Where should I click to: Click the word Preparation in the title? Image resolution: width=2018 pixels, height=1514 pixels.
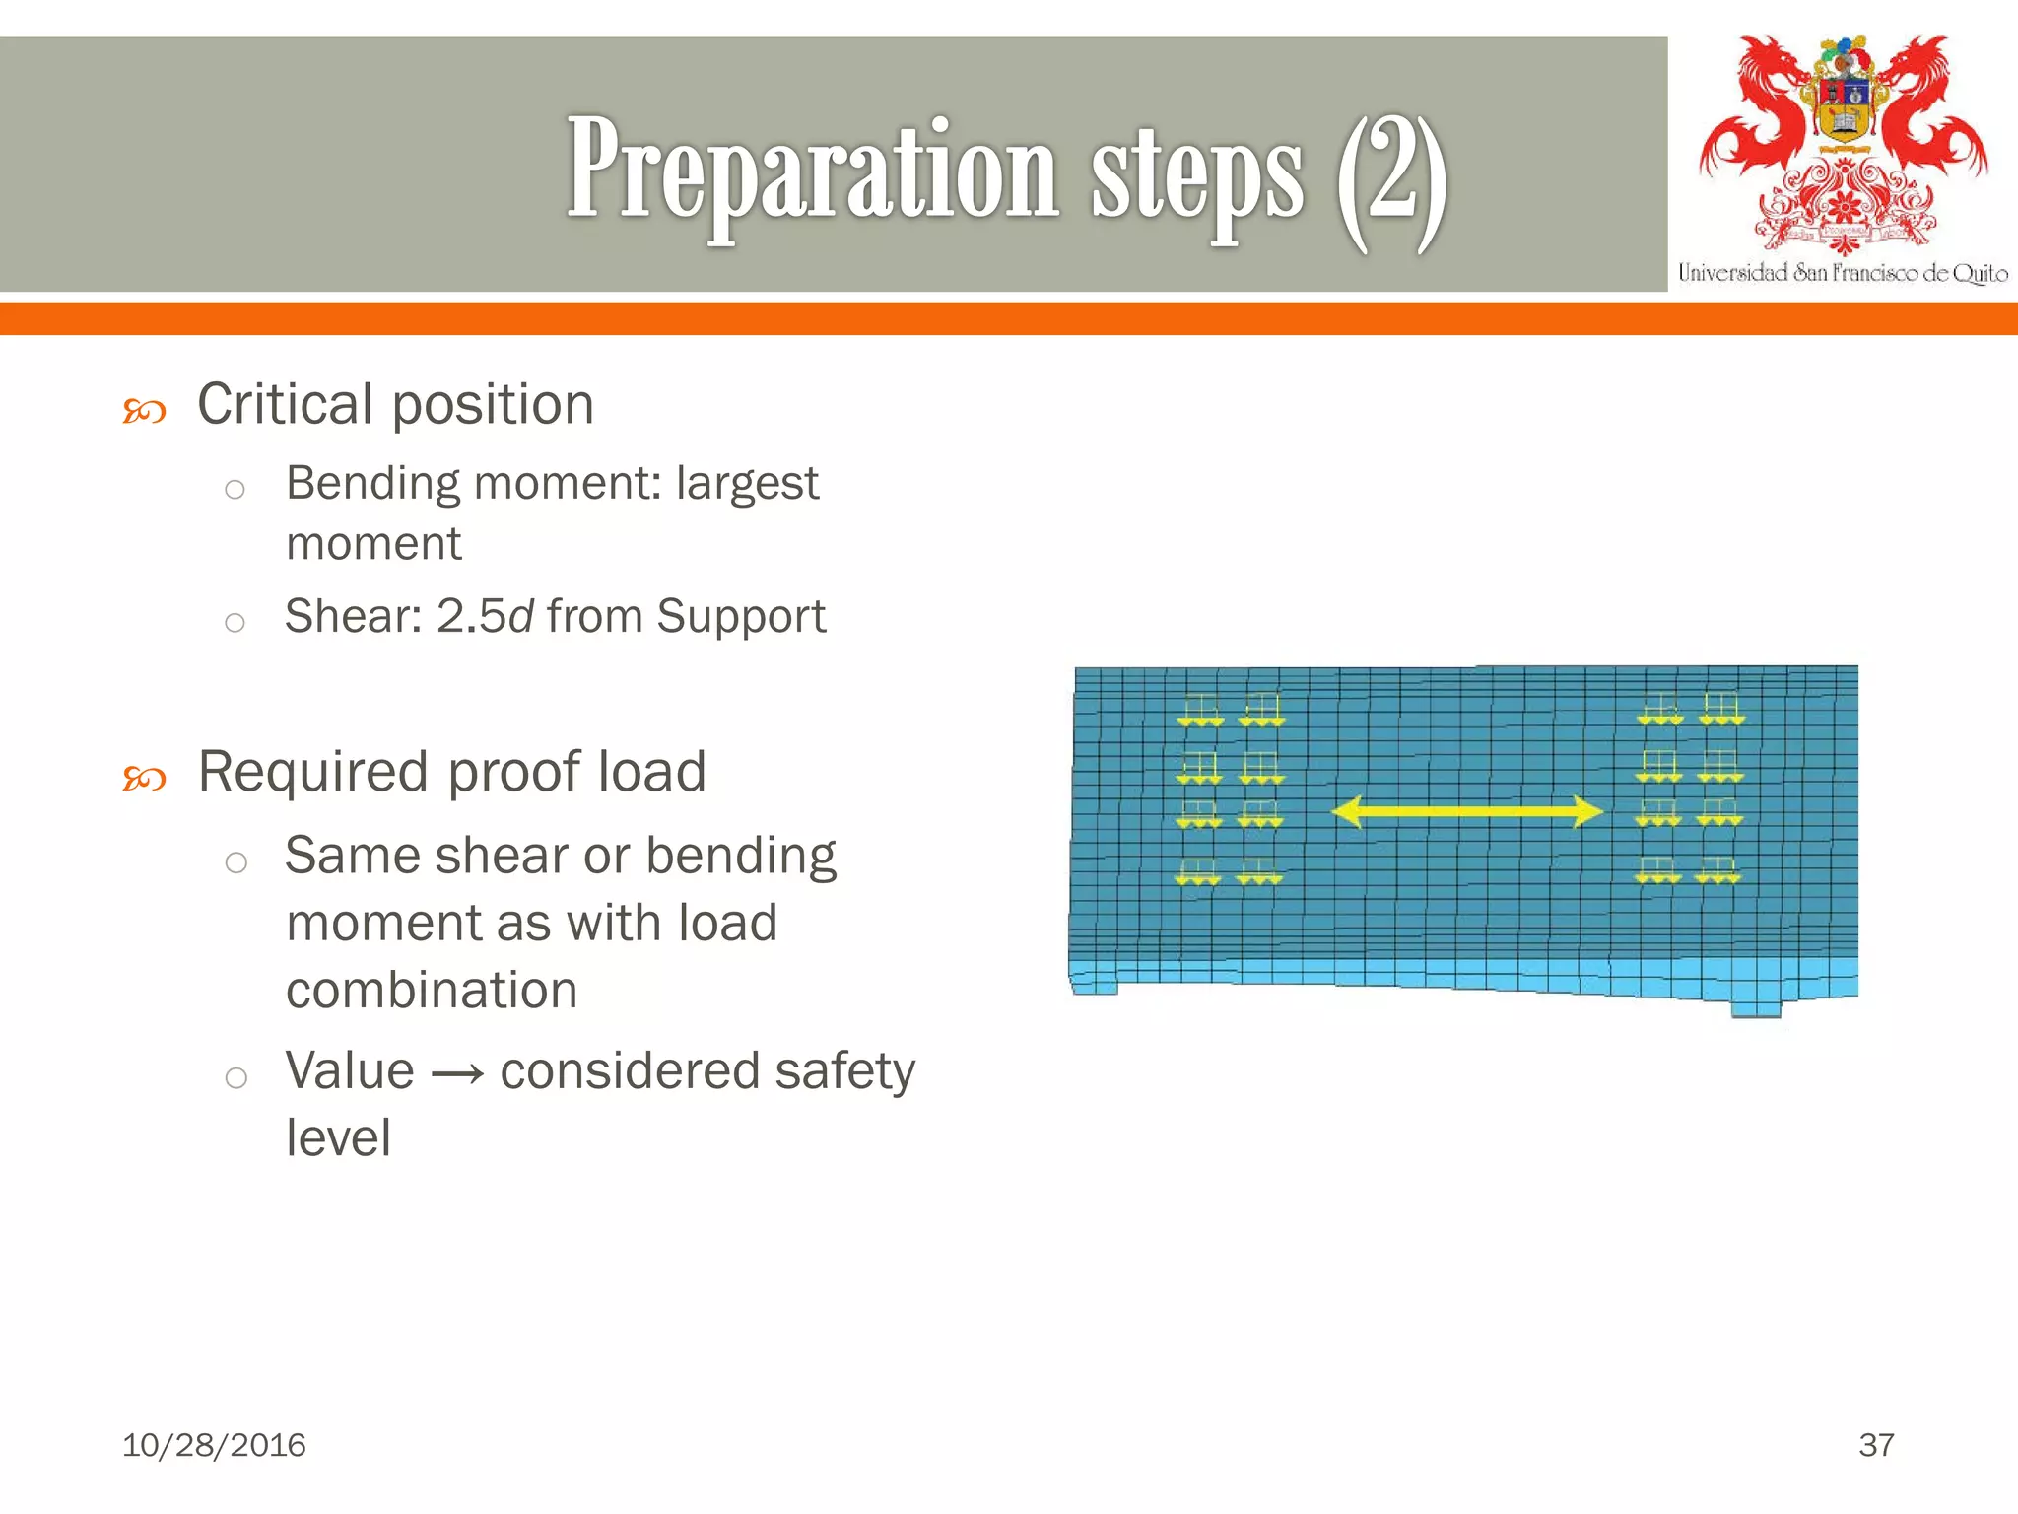(x=812, y=172)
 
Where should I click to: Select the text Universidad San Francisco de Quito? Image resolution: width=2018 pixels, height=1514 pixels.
(x=1843, y=273)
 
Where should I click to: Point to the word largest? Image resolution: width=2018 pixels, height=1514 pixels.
(x=747, y=484)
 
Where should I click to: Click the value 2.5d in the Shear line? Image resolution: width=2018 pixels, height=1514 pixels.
(x=485, y=617)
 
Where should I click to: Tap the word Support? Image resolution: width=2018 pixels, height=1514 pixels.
(x=741, y=617)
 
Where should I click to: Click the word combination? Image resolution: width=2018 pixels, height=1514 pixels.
(x=432, y=991)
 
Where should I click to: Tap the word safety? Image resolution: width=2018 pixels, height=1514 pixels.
(x=844, y=1072)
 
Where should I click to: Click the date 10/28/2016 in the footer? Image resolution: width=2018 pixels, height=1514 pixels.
(x=214, y=1445)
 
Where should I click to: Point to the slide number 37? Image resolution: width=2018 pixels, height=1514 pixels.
(x=1875, y=1445)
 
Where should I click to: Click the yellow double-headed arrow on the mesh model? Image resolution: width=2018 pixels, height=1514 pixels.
(x=1466, y=812)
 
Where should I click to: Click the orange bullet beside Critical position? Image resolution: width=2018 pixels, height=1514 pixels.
(x=144, y=410)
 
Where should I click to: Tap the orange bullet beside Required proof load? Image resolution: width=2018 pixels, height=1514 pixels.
(x=144, y=779)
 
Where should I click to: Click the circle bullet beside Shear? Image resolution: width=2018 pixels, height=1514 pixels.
(x=235, y=622)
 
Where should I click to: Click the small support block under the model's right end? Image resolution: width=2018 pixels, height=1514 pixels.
(x=1756, y=1008)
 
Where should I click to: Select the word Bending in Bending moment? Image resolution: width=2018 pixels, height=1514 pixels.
(x=372, y=484)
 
